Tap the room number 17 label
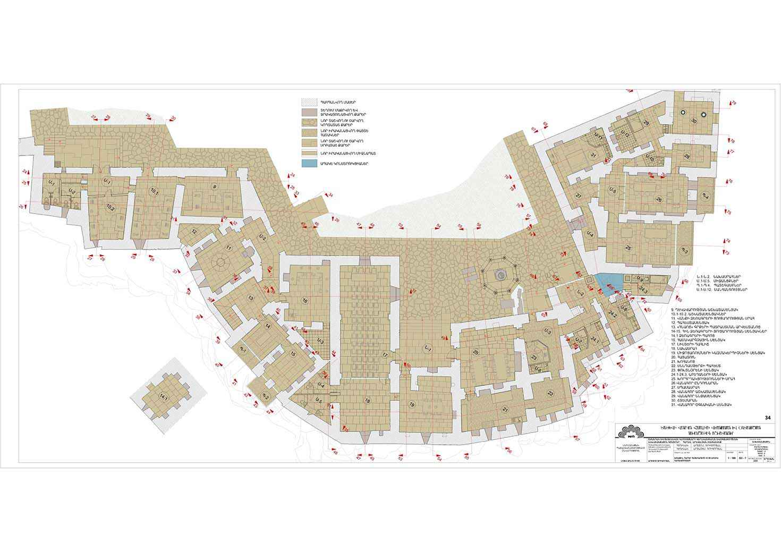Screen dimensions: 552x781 (385, 354)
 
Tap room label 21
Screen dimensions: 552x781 (505, 410)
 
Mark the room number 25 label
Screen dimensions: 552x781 (627, 248)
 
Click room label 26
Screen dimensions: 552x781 (659, 200)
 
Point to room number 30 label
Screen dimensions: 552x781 (693, 121)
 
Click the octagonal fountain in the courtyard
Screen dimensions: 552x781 (498, 275)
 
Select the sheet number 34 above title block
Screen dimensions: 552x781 (766, 417)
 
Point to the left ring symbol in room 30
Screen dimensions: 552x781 (682, 114)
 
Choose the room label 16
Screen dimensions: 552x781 (305, 301)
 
